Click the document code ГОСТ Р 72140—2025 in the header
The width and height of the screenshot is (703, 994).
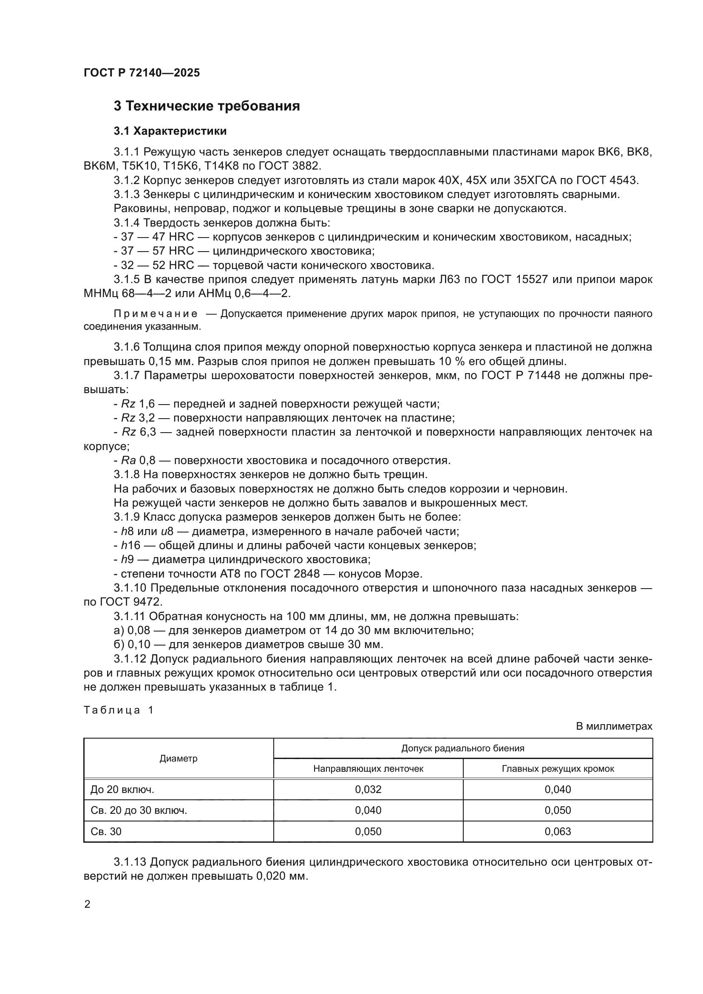pos(142,73)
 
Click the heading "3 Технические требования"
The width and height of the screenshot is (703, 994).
pos(207,106)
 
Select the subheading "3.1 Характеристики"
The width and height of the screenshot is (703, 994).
pos(170,131)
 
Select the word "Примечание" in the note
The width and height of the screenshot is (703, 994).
pos(156,314)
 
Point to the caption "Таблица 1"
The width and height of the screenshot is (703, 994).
pos(118,710)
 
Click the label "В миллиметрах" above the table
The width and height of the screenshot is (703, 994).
pos(613,726)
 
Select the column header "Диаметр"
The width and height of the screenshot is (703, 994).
pos(179,758)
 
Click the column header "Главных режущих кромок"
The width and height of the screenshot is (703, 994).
pos(558,768)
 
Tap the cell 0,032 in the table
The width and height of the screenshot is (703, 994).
pos(368,789)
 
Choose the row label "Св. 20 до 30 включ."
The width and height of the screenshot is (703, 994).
pos(139,810)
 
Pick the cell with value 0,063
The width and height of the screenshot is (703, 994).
pos(558,831)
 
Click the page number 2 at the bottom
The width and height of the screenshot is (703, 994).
pos(87,904)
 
